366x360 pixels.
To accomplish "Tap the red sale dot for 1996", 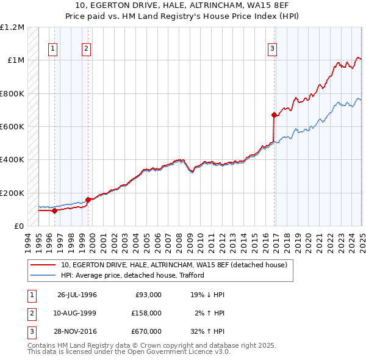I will pos(54,211).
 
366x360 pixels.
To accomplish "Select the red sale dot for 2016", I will pos(274,115).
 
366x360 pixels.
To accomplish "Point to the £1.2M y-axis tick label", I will pos(13,27).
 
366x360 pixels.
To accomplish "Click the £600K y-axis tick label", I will pos(12,126).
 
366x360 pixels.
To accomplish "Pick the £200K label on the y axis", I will pos(12,193).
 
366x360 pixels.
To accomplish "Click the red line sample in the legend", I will pos(43,265).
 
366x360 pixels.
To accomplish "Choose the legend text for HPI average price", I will pos(132,275).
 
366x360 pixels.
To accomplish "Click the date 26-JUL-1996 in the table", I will pos(77,295).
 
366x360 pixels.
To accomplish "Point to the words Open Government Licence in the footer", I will pos(174,351).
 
